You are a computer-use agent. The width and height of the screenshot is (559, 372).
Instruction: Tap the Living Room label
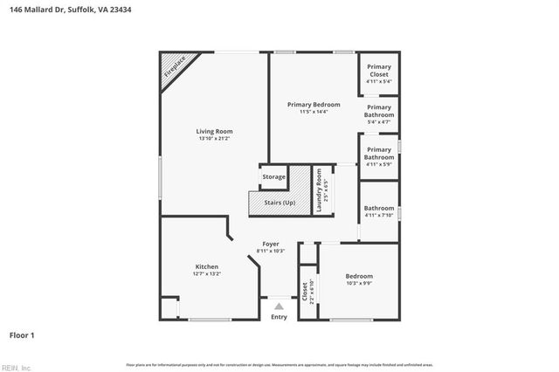pyautogui.click(x=214, y=131)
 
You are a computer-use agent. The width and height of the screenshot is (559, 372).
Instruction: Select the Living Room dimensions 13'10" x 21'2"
pyautogui.click(x=214, y=138)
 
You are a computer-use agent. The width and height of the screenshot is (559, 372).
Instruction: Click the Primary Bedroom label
pyautogui.click(x=314, y=105)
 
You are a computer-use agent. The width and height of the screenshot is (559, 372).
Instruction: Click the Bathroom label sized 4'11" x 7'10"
pyautogui.click(x=379, y=208)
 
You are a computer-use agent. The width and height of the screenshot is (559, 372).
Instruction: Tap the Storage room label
pyautogui.click(x=273, y=177)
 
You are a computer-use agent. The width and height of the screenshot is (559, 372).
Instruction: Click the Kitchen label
pyautogui.click(x=207, y=266)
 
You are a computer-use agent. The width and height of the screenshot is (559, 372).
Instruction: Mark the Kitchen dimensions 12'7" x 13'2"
pyautogui.click(x=207, y=273)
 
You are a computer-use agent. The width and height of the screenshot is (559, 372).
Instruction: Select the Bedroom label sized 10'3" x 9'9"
pyautogui.click(x=359, y=276)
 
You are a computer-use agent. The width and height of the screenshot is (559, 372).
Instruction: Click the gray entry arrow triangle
pyautogui.click(x=279, y=306)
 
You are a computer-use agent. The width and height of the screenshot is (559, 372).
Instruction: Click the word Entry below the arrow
pyautogui.click(x=279, y=317)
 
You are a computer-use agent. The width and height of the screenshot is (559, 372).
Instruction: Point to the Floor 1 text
pyautogui.click(x=22, y=334)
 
